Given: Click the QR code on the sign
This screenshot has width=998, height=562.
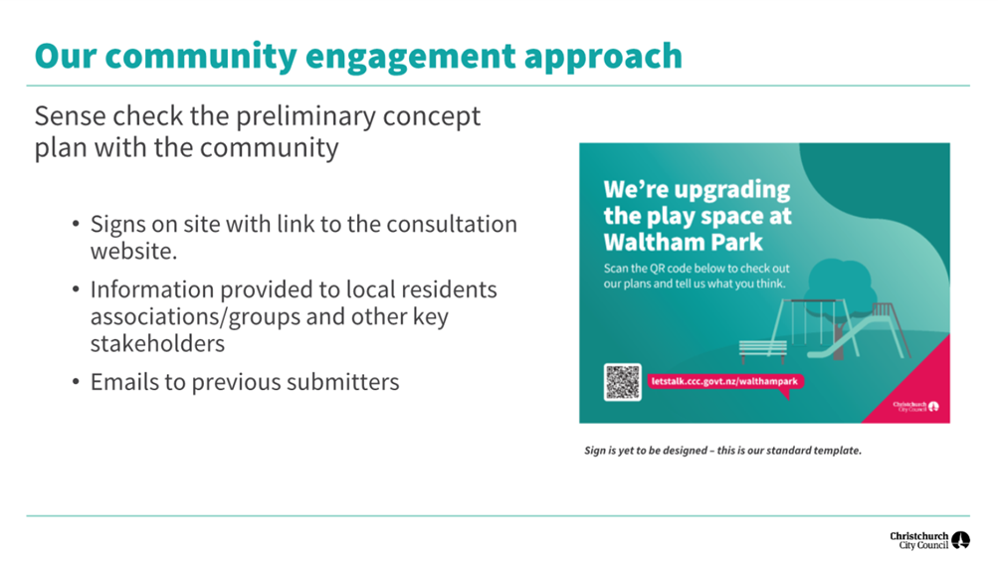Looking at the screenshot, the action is tap(623, 382).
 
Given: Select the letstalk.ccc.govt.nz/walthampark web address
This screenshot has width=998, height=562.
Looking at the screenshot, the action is tap(724, 381).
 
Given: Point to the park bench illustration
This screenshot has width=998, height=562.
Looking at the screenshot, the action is tap(762, 351).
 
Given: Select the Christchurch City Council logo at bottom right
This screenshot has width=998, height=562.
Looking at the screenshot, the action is tap(929, 540).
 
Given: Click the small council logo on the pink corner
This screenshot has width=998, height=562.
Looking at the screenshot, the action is tap(915, 406).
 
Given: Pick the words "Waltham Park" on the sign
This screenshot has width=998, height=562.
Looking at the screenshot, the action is tap(683, 243).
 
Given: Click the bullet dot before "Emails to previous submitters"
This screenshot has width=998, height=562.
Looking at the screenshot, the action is tap(76, 382).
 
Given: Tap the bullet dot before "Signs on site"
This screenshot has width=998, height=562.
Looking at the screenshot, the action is tap(76, 224).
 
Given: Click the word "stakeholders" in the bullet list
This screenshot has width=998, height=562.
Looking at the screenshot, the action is tap(157, 344).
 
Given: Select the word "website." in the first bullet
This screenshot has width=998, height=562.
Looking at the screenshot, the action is tap(133, 251).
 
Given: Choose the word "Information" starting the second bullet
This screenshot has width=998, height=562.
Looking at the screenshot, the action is tap(151, 289).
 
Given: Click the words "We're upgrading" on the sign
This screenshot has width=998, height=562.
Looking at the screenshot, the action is tap(697, 190).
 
